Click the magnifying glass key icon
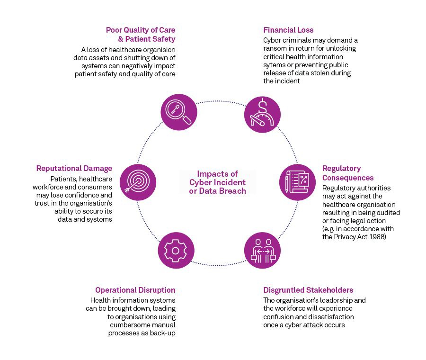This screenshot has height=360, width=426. coord(178,112)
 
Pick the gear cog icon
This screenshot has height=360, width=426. coord(175,250)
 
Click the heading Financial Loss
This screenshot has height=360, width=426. coord(288,30)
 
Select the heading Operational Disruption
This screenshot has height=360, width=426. coord(135,290)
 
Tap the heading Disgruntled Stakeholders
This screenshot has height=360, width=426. coord(308,290)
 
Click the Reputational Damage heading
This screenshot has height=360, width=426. coord(74,168)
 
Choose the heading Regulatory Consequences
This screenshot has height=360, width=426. coord(348,173)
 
